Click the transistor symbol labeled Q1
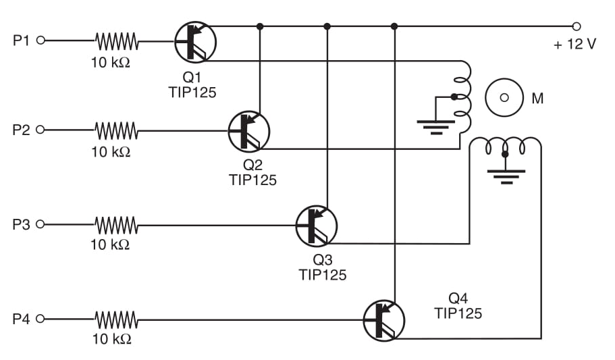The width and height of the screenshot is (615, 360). (x=195, y=42)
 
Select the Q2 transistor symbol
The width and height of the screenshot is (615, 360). (x=249, y=131)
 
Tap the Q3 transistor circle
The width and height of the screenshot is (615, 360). (x=316, y=226)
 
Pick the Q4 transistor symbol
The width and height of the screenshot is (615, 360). (x=383, y=320)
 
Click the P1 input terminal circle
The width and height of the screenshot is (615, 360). (x=40, y=41)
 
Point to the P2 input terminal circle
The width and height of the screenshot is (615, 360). (x=40, y=129)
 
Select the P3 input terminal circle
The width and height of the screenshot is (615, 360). (x=40, y=224)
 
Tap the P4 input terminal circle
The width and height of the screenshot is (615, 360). (x=40, y=318)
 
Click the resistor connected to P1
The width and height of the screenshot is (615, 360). (x=117, y=41)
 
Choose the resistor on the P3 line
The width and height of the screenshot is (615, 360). (x=116, y=224)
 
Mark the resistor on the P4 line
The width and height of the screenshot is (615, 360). (x=116, y=318)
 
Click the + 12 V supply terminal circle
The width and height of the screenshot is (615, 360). (x=576, y=26)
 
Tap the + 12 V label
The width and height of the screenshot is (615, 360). (x=574, y=45)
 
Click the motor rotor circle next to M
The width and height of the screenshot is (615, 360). (x=504, y=97)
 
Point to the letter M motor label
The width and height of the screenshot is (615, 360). (x=537, y=99)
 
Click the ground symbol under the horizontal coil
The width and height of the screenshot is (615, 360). (x=505, y=177)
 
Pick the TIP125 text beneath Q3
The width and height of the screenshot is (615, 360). (x=322, y=275)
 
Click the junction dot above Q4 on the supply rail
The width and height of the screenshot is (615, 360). (x=394, y=26)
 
